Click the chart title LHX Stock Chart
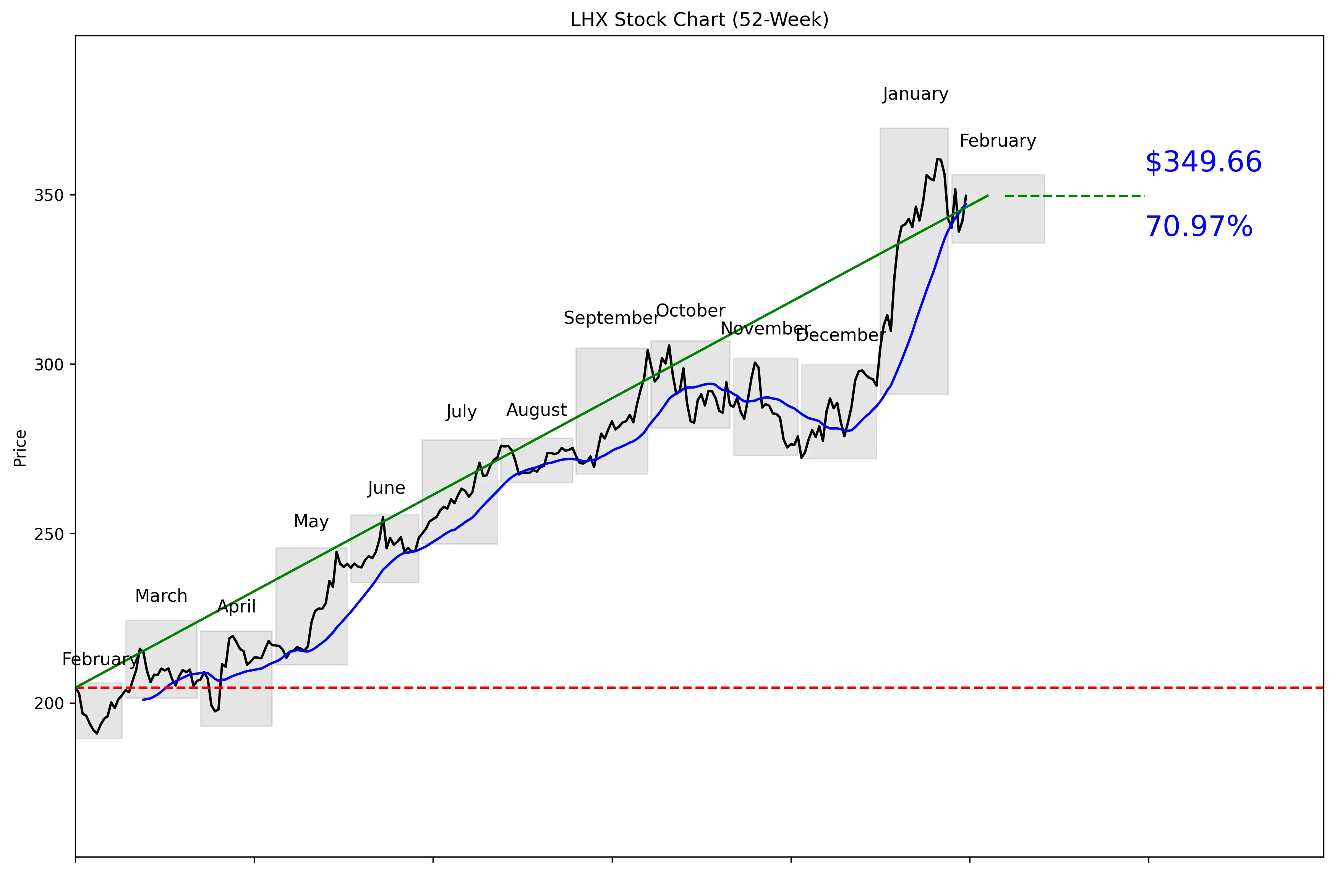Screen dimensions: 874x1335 pyautogui.click(x=699, y=19)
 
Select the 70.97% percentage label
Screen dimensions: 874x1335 pyautogui.click(x=1199, y=227)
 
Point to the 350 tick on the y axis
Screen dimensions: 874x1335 pyautogui.click(x=49, y=195)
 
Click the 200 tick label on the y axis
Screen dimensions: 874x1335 pyautogui.click(x=49, y=704)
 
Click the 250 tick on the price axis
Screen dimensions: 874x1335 pyautogui.click(x=49, y=534)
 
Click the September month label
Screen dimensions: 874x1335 pyautogui.click(x=611, y=318)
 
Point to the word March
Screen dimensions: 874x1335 pyautogui.click(x=161, y=596)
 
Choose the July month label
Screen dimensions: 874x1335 pyautogui.click(x=461, y=412)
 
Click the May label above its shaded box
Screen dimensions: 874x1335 pyautogui.click(x=311, y=521)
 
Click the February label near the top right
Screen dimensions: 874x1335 pyautogui.click(x=997, y=141)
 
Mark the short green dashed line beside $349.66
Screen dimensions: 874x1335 pyautogui.click(x=1074, y=195)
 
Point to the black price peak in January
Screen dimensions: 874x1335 pyautogui.click(x=938, y=159)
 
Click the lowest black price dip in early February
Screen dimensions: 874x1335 pyautogui.click(x=97, y=733)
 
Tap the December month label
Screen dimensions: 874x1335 pyautogui.click(x=840, y=335)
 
